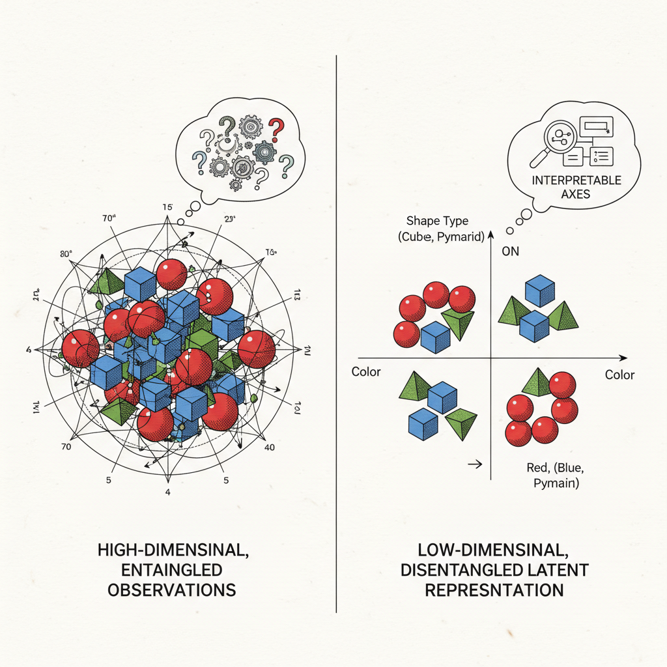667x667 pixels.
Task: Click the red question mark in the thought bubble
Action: pos(277,126)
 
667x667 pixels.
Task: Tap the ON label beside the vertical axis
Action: pos(510,251)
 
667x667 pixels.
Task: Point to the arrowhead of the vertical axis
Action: pos(490,233)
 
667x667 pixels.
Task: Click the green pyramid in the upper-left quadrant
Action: pos(459,323)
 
